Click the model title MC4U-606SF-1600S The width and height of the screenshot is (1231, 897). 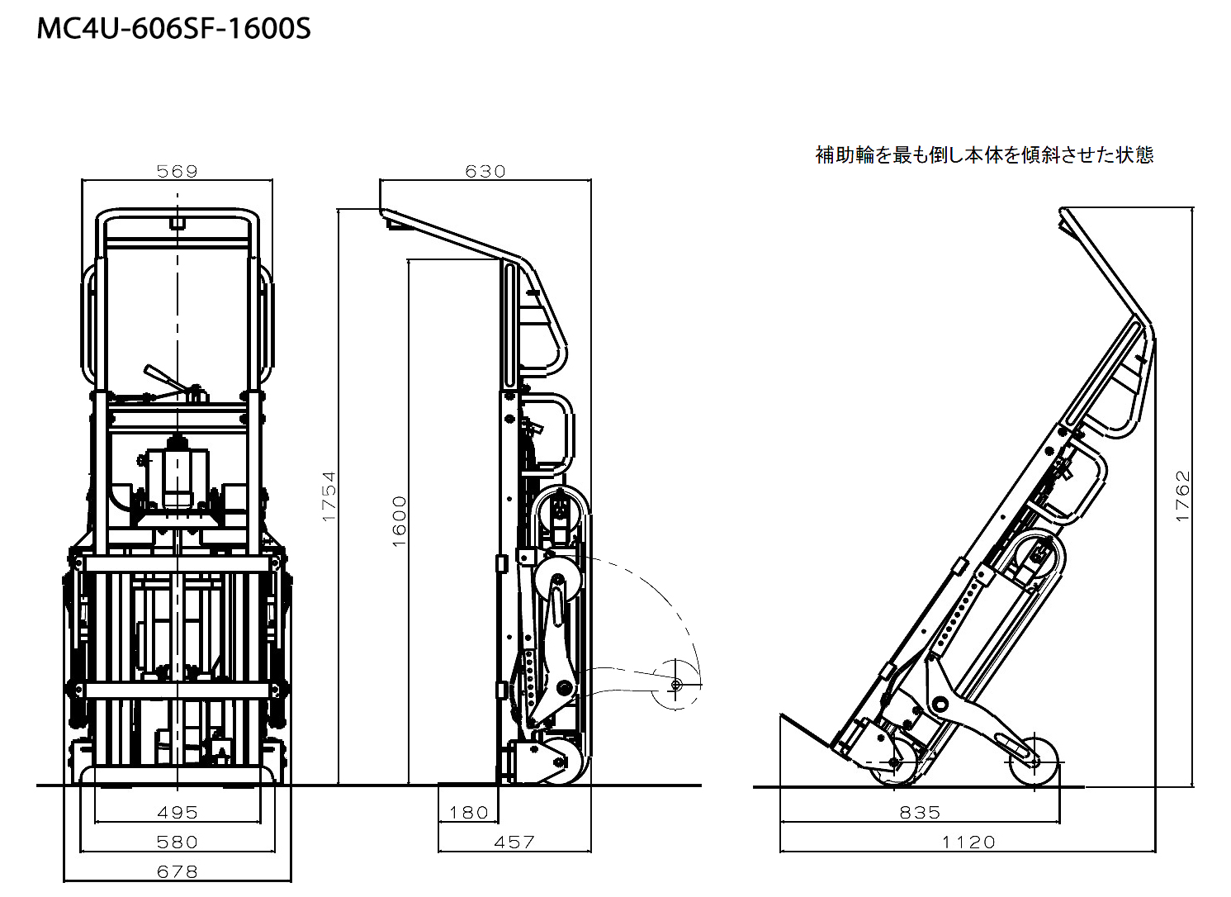(174, 29)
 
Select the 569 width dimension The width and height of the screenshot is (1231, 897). (178, 171)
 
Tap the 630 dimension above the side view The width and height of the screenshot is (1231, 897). (485, 171)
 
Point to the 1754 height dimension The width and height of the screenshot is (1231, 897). (329, 496)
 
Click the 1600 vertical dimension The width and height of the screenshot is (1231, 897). (400, 520)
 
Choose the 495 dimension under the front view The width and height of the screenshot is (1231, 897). (178, 812)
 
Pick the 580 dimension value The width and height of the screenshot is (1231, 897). (178, 842)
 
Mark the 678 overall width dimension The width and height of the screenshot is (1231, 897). (178, 871)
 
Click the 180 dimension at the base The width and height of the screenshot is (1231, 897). (469, 812)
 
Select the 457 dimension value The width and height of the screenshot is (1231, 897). (514, 842)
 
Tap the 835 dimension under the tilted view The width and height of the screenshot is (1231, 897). (920, 812)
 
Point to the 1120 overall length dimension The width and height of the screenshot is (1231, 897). (968, 842)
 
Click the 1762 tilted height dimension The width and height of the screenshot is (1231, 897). (1183, 496)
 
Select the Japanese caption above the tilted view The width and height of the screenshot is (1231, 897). (984, 154)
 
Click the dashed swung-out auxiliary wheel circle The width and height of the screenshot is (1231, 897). (675, 685)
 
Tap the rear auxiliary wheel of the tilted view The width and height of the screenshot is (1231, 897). (1034, 761)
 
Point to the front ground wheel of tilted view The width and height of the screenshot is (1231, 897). (895, 762)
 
